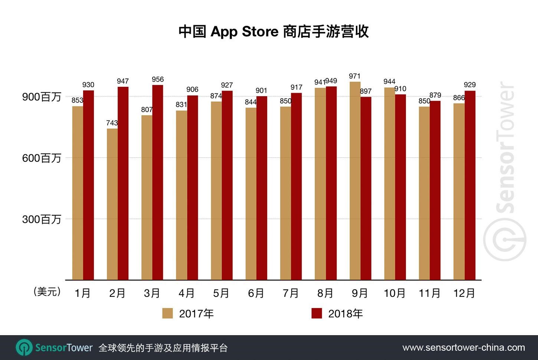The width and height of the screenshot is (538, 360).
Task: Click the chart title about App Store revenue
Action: (273, 32)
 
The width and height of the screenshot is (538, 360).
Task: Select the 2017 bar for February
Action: (112, 204)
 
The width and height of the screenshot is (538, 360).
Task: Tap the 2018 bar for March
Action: (158, 182)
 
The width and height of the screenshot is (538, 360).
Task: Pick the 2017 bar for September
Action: (355, 181)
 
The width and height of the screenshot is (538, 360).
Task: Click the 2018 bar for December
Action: (470, 185)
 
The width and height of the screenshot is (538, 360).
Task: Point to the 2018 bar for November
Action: (435, 190)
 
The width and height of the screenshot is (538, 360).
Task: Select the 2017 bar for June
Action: (251, 193)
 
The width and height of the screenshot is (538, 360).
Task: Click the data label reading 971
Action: (354, 76)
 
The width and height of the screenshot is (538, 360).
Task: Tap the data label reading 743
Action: (112, 123)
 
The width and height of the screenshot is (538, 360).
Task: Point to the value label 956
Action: (158, 79)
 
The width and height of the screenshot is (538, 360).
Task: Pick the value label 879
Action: (435, 95)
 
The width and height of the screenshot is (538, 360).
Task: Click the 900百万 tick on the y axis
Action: (42, 97)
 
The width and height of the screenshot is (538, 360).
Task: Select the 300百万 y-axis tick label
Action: (42, 219)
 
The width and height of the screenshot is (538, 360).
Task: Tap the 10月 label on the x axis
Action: (395, 293)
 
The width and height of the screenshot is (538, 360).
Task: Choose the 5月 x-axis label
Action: (222, 293)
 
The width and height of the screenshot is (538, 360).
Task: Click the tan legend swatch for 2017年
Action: (167, 314)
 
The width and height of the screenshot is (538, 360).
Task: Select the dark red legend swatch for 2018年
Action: (316, 314)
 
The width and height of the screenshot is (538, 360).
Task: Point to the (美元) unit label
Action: (47, 292)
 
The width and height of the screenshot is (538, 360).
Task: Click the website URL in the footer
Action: (463, 348)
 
